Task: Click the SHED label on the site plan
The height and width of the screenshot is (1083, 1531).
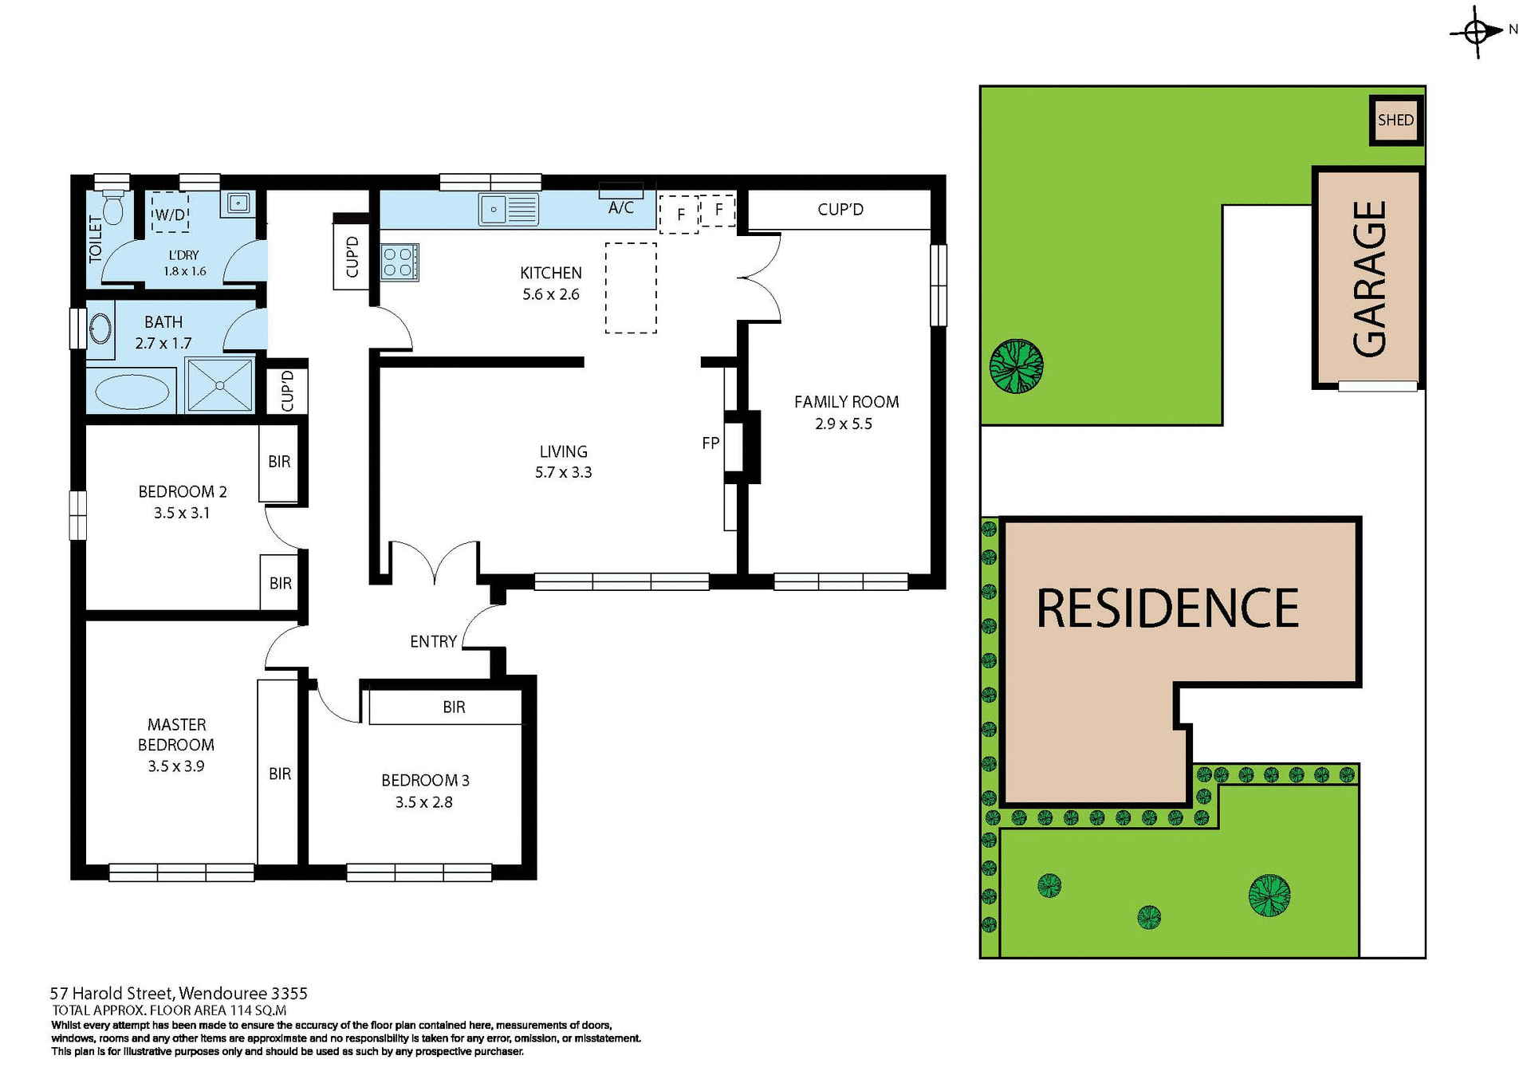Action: pos(1395,120)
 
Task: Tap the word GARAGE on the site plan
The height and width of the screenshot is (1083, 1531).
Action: pos(1370,278)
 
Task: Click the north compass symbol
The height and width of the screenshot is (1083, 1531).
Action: pos(1477,33)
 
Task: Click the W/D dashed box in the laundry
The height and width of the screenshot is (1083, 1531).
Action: pos(170,215)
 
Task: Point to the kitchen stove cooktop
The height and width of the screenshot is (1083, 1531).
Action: pos(399,262)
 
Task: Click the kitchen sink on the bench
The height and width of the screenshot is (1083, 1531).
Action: pos(509,210)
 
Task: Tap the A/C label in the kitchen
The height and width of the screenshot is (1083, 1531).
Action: pos(621,208)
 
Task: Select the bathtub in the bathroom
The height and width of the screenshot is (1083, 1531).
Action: pos(132,392)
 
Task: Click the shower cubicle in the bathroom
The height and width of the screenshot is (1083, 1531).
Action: pos(219,385)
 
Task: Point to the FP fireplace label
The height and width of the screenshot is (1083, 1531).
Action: pos(710,443)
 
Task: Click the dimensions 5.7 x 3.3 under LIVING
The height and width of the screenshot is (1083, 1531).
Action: pos(563,473)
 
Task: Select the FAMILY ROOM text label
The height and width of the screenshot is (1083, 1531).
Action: pos(846,402)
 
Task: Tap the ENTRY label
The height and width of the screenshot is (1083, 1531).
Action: pos(433,641)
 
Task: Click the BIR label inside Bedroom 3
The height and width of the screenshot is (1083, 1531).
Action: pos(454,707)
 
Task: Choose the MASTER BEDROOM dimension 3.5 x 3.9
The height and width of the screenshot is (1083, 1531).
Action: pos(175,766)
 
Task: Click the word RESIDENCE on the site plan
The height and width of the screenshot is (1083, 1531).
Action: pos(1167,608)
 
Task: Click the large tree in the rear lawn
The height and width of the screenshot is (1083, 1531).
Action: pos(1017,366)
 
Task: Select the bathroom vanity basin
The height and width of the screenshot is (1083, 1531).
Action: pos(100,328)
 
